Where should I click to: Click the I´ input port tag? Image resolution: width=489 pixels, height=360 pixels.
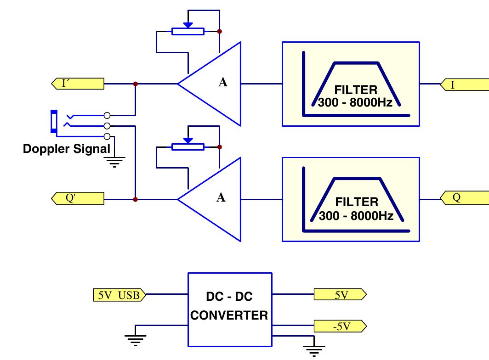(x=77, y=84)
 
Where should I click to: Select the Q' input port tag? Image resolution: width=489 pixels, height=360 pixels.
(x=77, y=198)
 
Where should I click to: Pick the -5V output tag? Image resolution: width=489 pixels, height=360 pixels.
(x=340, y=326)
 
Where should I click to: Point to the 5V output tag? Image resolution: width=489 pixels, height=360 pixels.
(x=340, y=295)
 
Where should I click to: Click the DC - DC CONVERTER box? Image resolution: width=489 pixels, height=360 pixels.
(x=229, y=309)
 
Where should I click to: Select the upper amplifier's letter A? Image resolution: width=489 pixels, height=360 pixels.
(x=223, y=83)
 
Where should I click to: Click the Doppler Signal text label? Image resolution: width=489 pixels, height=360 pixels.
(x=67, y=149)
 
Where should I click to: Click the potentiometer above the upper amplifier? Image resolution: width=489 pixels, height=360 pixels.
(x=188, y=31)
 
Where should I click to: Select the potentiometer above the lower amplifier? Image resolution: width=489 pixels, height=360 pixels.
(x=188, y=146)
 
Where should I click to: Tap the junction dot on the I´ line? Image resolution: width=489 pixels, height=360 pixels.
(x=135, y=84)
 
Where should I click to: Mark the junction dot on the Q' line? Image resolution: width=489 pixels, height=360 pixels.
(x=135, y=199)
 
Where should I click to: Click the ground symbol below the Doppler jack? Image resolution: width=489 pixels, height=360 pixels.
(x=114, y=162)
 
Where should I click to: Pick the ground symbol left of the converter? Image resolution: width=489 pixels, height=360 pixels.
(x=136, y=339)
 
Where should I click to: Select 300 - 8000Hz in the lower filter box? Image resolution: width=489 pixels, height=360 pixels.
(x=356, y=216)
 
